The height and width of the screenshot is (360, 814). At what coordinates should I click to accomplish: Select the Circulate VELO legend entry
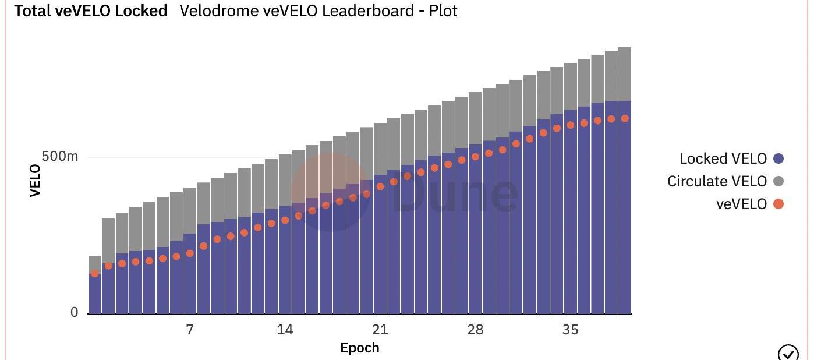[x=717, y=181]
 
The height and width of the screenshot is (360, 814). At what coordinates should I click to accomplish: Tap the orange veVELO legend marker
[x=778, y=204]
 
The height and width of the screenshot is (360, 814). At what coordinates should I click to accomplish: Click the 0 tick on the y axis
[x=74, y=313]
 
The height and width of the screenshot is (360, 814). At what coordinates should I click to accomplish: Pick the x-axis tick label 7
[x=190, y=330]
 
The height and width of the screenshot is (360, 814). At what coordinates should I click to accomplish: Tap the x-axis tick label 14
[x=285, y=330]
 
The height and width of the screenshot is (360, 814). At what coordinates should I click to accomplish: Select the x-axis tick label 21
[x=380, y=330]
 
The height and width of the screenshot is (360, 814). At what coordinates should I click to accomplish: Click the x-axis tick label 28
[x=475, y=330]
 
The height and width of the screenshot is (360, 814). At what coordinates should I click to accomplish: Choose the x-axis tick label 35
[x=570, y=330]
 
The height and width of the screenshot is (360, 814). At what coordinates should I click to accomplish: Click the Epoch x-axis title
[x=359, y=348]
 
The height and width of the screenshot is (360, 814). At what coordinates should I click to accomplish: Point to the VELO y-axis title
[x=36, y=181]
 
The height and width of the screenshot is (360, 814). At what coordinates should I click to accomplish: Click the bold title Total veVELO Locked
[x=90, y=10]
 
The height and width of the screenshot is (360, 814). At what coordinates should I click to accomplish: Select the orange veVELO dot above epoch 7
[x=190, y=253]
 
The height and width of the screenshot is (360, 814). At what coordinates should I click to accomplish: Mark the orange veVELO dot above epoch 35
[x=571, y=125]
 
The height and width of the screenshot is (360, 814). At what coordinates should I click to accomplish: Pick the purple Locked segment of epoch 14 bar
[x=285, y=262]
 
